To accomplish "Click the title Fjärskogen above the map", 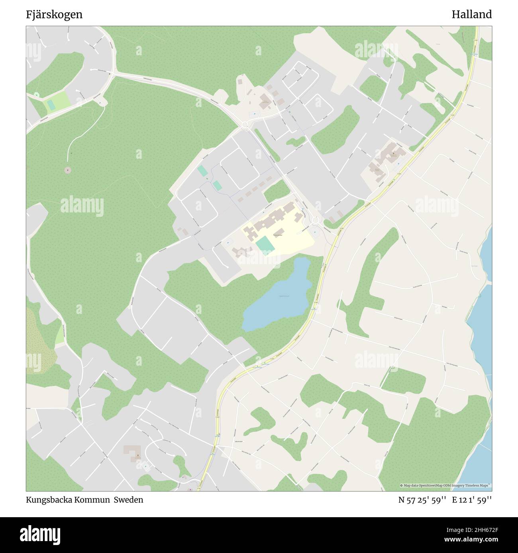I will [55, 15].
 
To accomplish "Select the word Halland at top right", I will [471, 15].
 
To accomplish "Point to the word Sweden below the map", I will [129, 500].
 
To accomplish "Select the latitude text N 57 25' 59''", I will [422, 500].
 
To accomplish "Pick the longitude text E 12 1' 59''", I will [472, 500].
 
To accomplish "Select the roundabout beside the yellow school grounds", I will [316, 220].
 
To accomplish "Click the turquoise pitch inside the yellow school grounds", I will [265, 244].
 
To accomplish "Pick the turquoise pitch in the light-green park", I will [51, 104].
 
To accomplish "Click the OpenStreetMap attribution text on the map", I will [445, 485].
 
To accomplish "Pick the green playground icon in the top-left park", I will [37, 95].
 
